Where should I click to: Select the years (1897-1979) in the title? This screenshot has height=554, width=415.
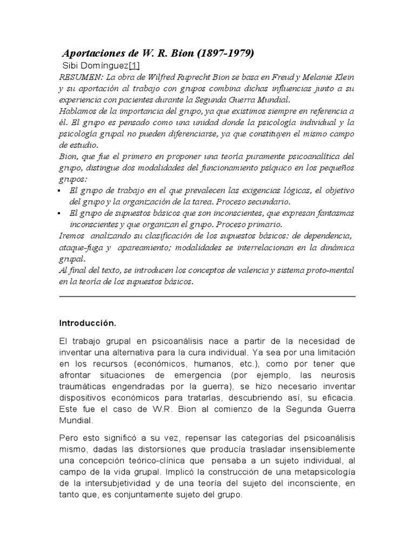(x=225, y=54)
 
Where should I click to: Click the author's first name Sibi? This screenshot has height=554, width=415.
(x=72, y=66)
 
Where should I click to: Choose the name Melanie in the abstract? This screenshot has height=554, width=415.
(x=308, y=77)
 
